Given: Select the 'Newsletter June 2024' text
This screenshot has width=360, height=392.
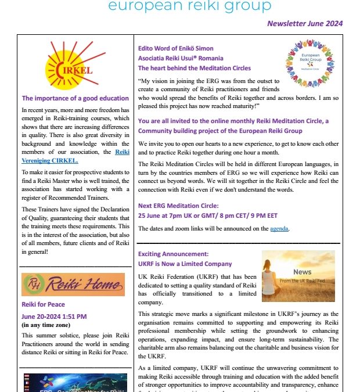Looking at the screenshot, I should point(304,24).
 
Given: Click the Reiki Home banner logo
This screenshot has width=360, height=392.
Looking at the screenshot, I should point(73,285).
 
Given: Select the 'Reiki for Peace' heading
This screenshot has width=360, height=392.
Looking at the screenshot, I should point(43,304).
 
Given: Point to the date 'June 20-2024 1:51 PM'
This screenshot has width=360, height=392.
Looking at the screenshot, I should point(54,317).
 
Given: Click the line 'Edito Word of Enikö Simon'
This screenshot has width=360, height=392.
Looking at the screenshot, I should point(175,48).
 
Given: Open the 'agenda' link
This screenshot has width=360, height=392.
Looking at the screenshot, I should point(279,229).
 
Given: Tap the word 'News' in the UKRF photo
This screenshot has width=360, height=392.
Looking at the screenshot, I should point(301,272).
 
